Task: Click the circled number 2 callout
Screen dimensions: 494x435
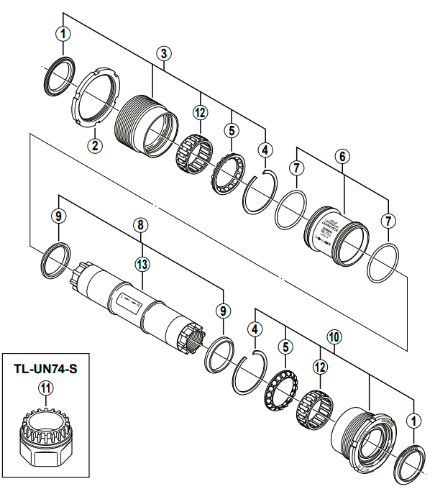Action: pos(93,144)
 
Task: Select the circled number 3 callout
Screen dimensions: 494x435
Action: pos(165,54)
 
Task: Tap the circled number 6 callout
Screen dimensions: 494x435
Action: pos(342,155)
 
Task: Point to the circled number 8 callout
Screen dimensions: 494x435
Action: pos(141,225)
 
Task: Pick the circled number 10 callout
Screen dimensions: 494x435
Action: pos(332,336)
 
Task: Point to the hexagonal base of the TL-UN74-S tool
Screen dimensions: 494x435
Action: pos(45,457)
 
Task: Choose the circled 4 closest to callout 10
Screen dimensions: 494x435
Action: pos(253,329)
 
